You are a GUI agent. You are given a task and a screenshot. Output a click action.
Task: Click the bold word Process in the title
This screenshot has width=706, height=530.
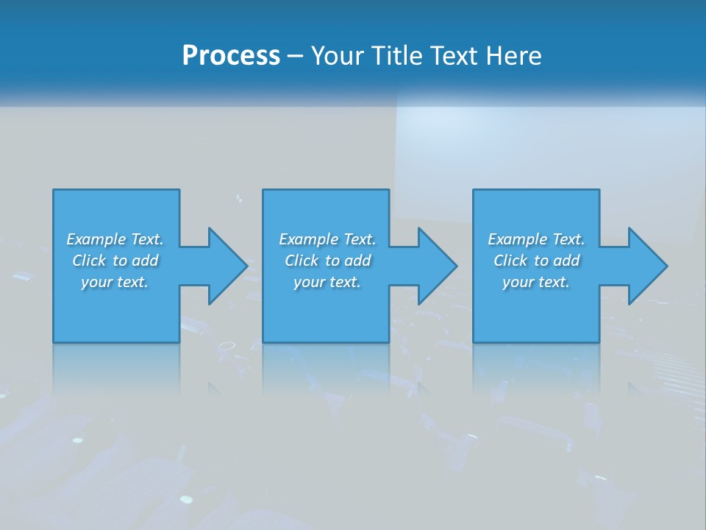pyautogui.click(x=231, y=56)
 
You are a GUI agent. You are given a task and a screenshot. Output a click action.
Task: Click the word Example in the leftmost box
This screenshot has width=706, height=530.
pyautogui.click(x=96, y=239)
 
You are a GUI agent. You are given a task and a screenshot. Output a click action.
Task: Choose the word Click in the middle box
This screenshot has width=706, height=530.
pyautogui.click(x=302, y=261)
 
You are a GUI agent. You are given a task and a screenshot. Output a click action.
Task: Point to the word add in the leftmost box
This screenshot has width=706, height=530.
pyautogui.click(x=146, y=261)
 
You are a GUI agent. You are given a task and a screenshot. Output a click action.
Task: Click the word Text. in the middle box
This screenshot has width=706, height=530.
pyautogui.click(x=360, y=239)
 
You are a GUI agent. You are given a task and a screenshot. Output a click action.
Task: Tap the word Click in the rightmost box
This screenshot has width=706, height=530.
pyautogui.click(x=511, y=261)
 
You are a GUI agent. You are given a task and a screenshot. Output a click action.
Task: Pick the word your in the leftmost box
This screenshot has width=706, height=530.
pyautogui.click(x=96, y=282)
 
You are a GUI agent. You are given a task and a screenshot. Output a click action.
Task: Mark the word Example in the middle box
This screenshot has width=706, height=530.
pyautogui.click(x=309, y=239)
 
